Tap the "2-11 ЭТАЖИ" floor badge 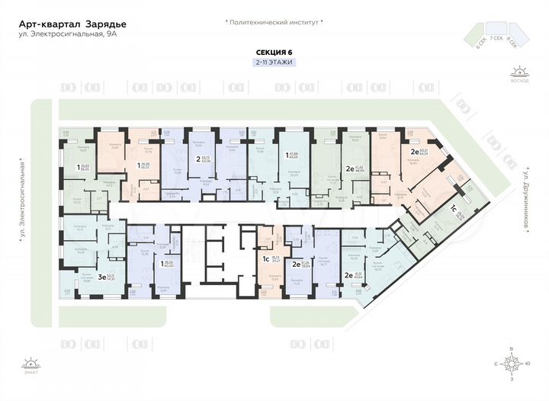coord(274,62)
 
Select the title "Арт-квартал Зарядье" coord(72,24)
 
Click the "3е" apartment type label coord(102,277)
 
